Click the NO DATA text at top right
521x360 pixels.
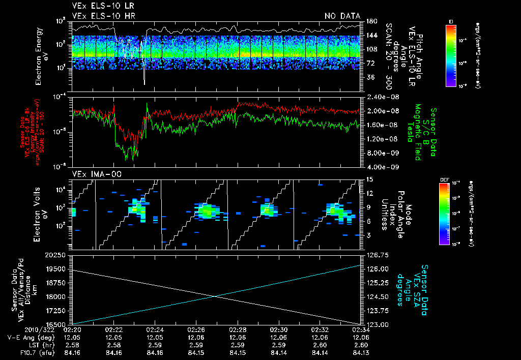(342, 16)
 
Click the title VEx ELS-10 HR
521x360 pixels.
(99, 16)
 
